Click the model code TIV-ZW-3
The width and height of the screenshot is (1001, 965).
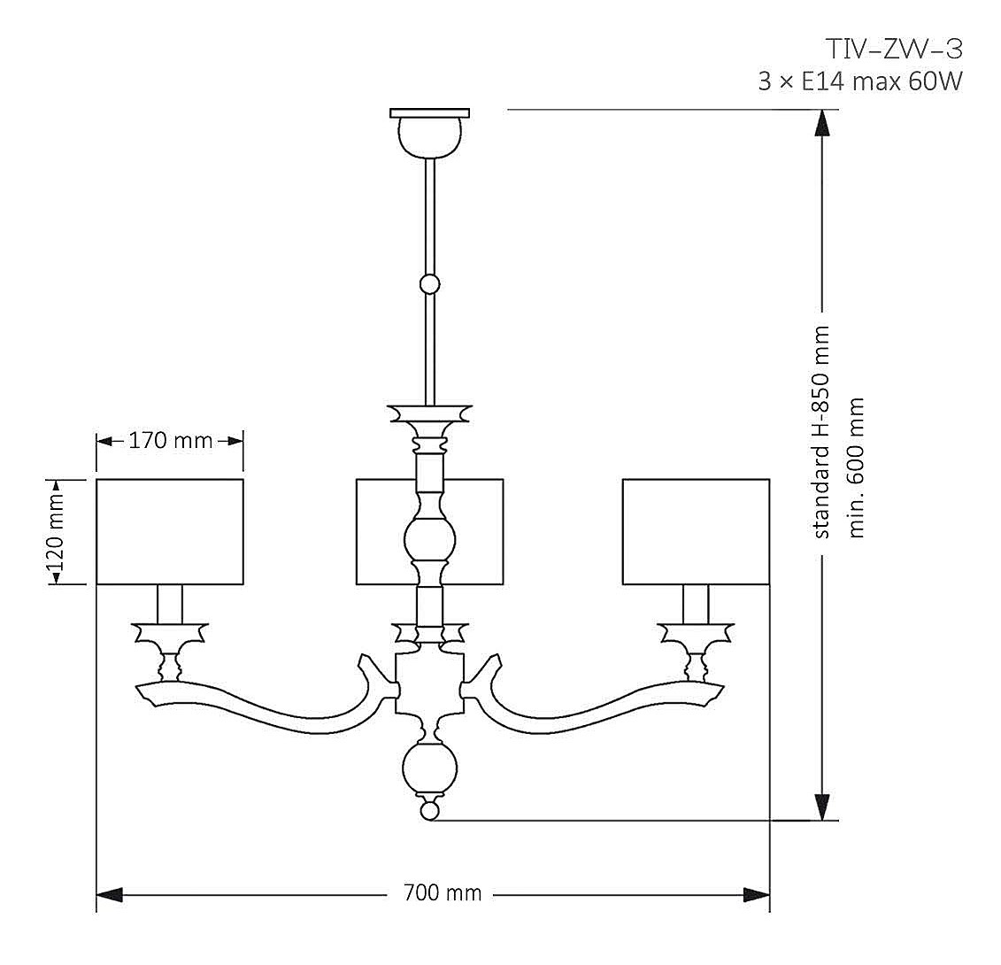click(x=892, y=49)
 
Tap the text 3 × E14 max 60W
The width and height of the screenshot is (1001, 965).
click(x=859, y=81)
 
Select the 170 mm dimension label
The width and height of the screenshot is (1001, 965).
click(x=171, y=440)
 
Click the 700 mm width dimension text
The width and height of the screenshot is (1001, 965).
click(x=443, y=893)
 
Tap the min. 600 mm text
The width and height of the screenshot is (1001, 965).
click(x=856, y=467)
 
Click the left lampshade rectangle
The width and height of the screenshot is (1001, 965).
click(x=170, y=531)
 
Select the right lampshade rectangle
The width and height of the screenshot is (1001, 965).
click(x=696, y=531)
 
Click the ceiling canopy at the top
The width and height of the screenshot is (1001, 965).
click(x=429, y=131)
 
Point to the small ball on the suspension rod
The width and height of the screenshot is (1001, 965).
click(x=429, y=284)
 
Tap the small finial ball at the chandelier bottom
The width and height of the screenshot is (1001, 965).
click(x=429, y=809)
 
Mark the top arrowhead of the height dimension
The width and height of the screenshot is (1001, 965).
click(x=823, y=122)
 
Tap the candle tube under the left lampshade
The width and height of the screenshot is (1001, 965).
click(x=170, y=604)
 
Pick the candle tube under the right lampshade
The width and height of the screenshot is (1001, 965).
click(x=696, y=604)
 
